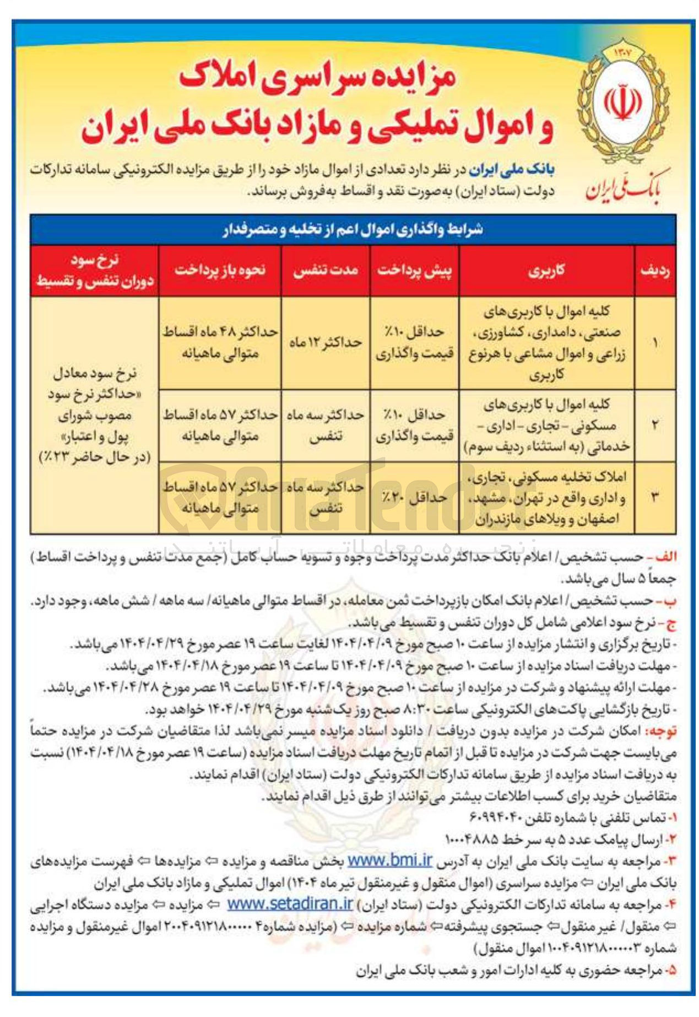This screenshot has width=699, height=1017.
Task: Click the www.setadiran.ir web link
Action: tap(290, 903)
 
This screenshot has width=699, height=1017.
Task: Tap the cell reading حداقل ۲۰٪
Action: tap(414, 498)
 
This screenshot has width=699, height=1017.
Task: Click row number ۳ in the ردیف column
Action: tap(655, 498)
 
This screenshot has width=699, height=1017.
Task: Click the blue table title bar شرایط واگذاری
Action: tap(353, 229)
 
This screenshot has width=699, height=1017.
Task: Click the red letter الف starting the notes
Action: tap(665, 557)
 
